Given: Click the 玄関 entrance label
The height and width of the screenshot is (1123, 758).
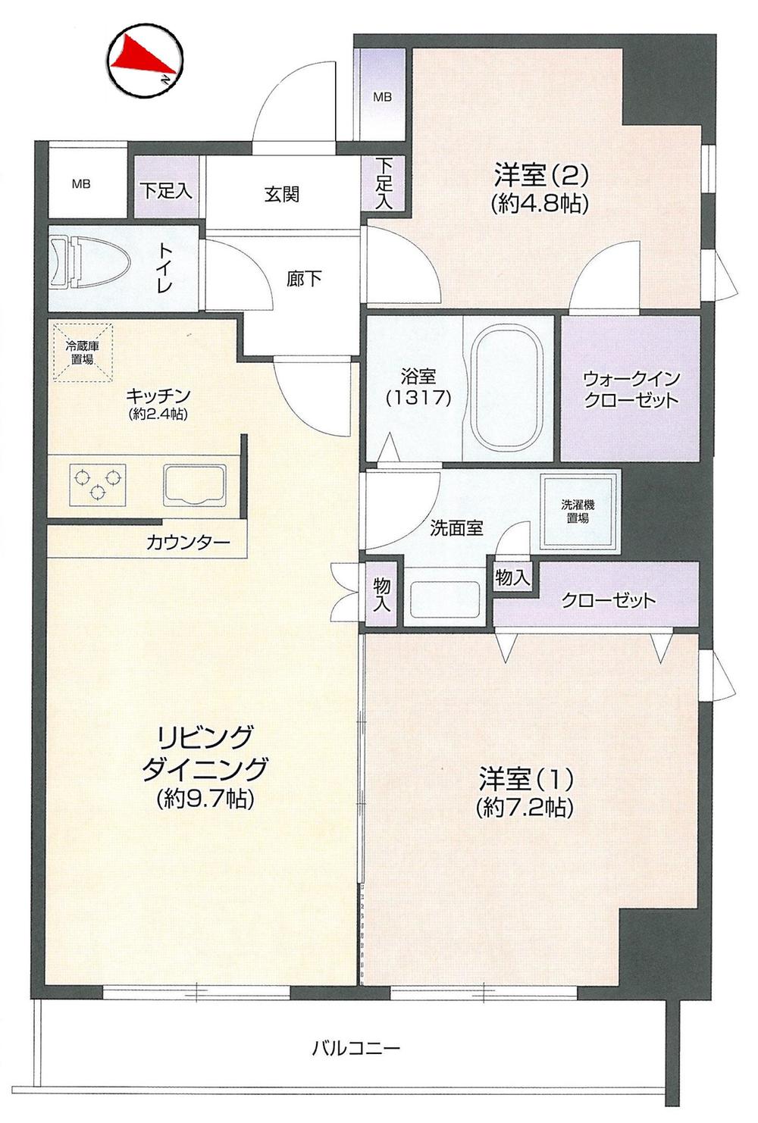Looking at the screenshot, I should tap(281, 195).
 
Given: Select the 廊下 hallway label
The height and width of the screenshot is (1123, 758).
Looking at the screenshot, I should tap(304, 279).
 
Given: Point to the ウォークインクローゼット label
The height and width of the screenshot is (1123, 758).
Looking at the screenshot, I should tap(630, 389).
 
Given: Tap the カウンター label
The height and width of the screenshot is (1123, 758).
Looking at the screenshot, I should tap(188, 543).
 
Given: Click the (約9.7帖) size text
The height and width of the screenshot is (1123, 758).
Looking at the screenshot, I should tap(205, 799).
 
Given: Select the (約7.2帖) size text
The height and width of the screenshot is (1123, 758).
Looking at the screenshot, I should tap(525, 808).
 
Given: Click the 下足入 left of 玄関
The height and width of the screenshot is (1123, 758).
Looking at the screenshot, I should tap(166, 189).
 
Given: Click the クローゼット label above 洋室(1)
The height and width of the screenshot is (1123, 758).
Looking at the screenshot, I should tap(608, 601).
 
